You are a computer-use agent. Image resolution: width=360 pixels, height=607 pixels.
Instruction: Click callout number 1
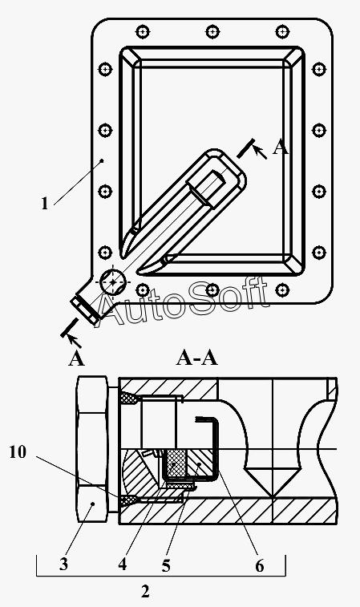click(45, 204)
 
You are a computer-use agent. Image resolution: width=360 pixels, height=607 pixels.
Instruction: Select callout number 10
click(18, 451)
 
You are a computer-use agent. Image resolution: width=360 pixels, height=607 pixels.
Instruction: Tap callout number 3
click(63, 565)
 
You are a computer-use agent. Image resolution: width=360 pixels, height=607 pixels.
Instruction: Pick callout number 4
click(123, 565)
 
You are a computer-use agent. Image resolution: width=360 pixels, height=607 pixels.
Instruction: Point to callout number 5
click(166, 566)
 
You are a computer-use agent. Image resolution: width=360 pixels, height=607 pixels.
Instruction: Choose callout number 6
click(259, 566)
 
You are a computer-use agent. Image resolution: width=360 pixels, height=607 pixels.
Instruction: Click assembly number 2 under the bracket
click(145, 592)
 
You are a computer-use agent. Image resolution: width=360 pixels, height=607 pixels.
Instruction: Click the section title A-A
click(197, 358)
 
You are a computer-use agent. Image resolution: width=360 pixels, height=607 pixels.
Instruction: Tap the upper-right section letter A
click(281, 148)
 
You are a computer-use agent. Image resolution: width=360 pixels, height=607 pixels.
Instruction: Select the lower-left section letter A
click(76, 360)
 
